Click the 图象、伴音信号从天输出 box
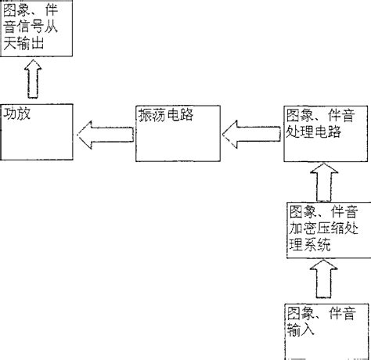pyautogui.click(x=36, y=28)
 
